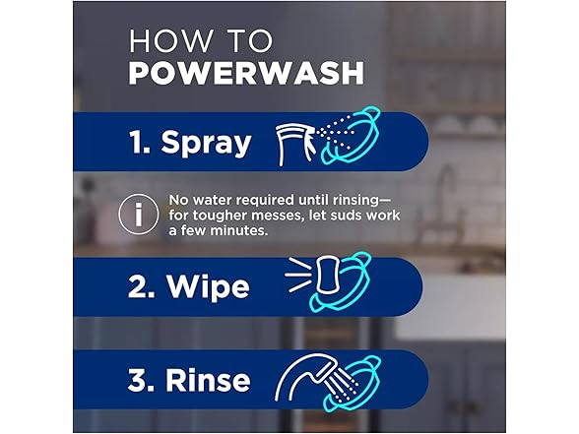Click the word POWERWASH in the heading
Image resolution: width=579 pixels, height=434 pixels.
coord(246,74)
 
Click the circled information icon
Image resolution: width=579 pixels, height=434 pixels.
coord(134,214)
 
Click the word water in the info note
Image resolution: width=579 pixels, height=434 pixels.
coord(211,198)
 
